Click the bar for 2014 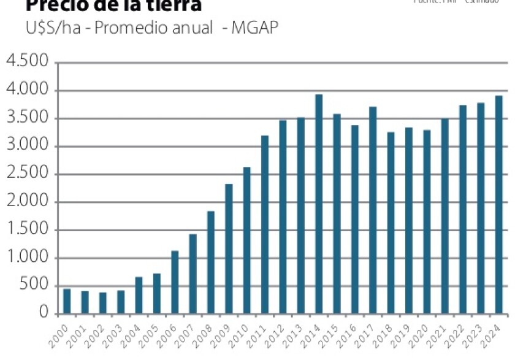pos(319,204)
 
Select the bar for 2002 pos(103,302)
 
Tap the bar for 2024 pos(499,204)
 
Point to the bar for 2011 pos(265,224)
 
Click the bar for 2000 pos(67,301)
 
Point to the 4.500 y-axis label pos(27,63)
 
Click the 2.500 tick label pos(27,174)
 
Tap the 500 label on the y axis pos(34,286)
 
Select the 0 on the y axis pos(44,313)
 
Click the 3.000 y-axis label pos(27,147)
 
